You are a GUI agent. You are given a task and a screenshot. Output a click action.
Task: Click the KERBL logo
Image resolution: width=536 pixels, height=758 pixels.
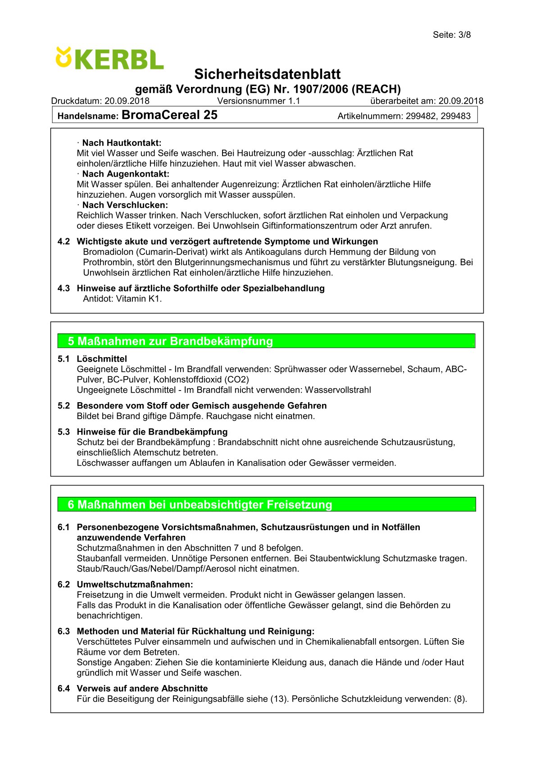pos(109,59)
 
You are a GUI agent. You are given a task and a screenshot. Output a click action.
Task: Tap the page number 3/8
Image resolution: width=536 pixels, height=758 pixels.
pos(464,35)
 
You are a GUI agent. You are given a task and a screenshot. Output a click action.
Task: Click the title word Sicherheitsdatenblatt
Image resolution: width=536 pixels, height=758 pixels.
pos(267,74)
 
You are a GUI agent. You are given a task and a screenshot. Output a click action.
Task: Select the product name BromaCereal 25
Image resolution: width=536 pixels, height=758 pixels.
pos(169,115)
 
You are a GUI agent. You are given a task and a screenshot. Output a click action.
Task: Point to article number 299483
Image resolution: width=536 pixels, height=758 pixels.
pos(455,116)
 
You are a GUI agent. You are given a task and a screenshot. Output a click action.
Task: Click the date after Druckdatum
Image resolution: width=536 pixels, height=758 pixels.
pos(127,101)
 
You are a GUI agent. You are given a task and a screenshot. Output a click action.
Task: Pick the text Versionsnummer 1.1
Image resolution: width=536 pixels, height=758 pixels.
pos(259,101)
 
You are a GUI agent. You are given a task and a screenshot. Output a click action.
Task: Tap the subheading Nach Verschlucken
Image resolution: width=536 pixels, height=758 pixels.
pos(124,205)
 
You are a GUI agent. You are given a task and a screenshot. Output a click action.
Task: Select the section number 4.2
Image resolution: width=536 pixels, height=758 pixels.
pos(64,241)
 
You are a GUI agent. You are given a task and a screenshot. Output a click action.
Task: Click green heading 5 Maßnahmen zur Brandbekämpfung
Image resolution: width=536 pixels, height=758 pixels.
pos(170,341)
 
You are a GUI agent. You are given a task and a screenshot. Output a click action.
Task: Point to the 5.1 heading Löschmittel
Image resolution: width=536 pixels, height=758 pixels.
pos(102,359)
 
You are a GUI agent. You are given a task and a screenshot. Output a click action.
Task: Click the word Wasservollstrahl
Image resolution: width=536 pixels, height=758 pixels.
pos(338,390)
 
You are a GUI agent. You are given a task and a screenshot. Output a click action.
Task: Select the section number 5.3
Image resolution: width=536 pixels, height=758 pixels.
pos(64,432)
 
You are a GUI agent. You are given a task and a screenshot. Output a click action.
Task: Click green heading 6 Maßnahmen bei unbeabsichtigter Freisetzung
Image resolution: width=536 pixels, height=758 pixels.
pos(200,504)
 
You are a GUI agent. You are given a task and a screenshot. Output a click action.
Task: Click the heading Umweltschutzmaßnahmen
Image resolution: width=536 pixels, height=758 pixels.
pos(135,585)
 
